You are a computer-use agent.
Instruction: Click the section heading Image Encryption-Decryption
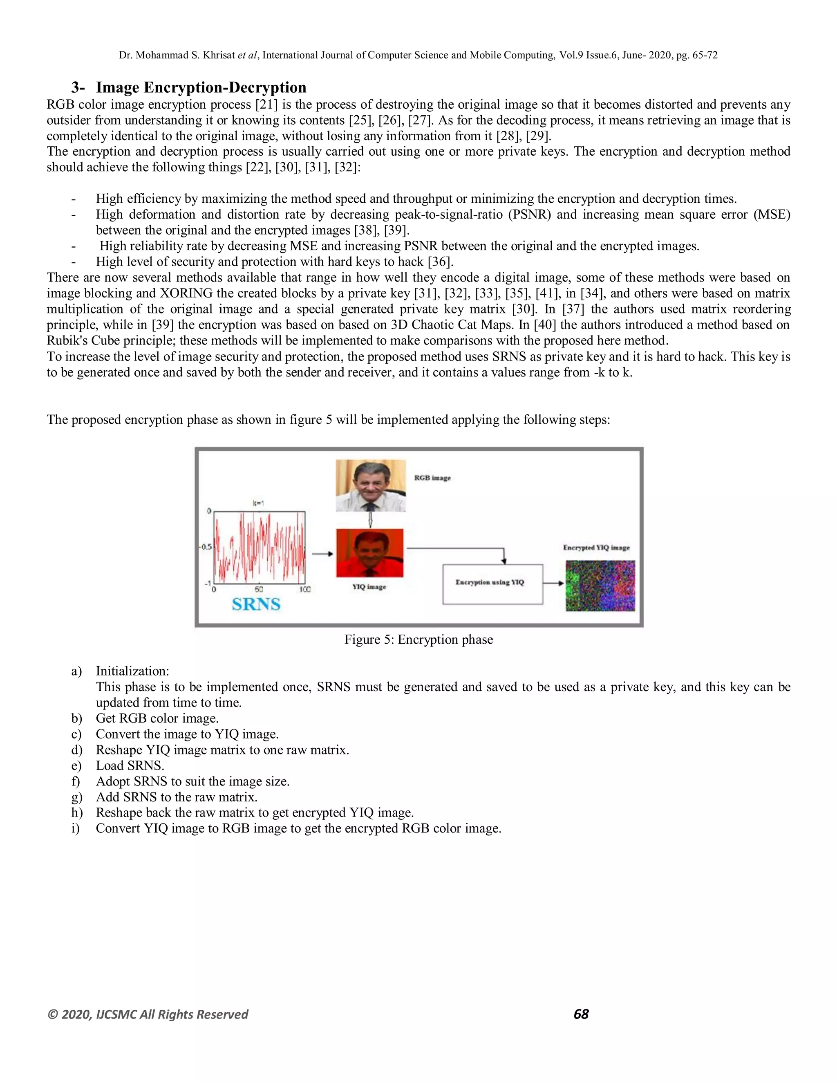(x=200, y=87)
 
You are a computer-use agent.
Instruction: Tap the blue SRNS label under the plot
(x=256, y=604)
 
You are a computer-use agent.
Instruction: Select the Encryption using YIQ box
(x=492, y=584)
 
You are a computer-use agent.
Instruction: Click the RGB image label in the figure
(x=432, y=478)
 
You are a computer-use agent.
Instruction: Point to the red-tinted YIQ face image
(x=370, y=553)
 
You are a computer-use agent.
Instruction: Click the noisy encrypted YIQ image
(x=600, y=586)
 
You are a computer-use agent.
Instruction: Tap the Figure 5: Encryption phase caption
(x=418, y=640)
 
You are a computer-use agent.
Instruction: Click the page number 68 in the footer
(x=581, y=1014)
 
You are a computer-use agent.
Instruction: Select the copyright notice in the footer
(x=147, y=1014)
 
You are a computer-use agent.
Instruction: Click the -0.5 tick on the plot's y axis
(x=205, y=547)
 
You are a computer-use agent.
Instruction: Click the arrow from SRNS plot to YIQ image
(x=322, y=553)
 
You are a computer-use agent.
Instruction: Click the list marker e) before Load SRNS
(x=76, y=765)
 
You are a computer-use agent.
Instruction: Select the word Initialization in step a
(x=132, y=671)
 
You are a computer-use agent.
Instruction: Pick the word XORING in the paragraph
(x=186, y=293)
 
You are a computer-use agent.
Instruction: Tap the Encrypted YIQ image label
(x=596, y=548)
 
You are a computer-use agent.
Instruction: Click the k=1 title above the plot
(x=258, y=503)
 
